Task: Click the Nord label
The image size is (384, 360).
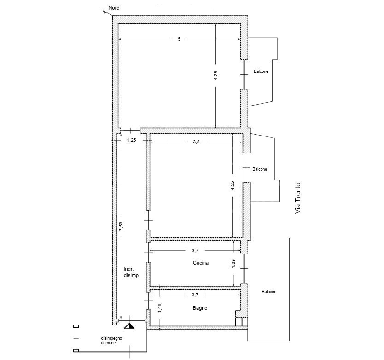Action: click(x=114, y=8)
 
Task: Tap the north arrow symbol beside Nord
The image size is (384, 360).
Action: click(x=105, y=12)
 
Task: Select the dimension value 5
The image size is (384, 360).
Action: click(x=179, y=39)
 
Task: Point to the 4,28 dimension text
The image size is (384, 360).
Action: click(x=216, y=76)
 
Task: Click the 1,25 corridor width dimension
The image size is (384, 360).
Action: click(x=132, y=140)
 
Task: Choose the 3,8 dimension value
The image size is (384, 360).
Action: click(x=196, y=142)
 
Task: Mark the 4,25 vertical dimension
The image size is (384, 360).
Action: click(x=233, y=186)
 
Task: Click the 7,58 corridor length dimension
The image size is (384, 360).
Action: click(x=121, y=226)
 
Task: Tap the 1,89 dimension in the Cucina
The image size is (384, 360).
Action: click(x=233, y=263)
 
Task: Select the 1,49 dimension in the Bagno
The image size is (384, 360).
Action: click(x=160, y=308)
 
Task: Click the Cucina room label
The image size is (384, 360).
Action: click(x=201, y=263)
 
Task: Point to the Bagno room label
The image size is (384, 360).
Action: click(x=200, y=308)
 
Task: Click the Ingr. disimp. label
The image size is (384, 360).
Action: click(x=132, y=272)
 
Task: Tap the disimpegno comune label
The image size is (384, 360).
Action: click(x=111, y=341)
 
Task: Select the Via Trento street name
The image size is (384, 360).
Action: click(x=297, y=198)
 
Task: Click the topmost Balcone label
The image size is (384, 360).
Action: click(x=261, y=71)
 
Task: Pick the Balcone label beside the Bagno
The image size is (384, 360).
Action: click(x=269, y=292)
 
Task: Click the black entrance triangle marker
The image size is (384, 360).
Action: click(x=129, y=326)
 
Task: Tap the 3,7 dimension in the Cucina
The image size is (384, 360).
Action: click(x=195, y=251)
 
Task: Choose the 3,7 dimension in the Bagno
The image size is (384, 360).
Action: click(x=195, y=295)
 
